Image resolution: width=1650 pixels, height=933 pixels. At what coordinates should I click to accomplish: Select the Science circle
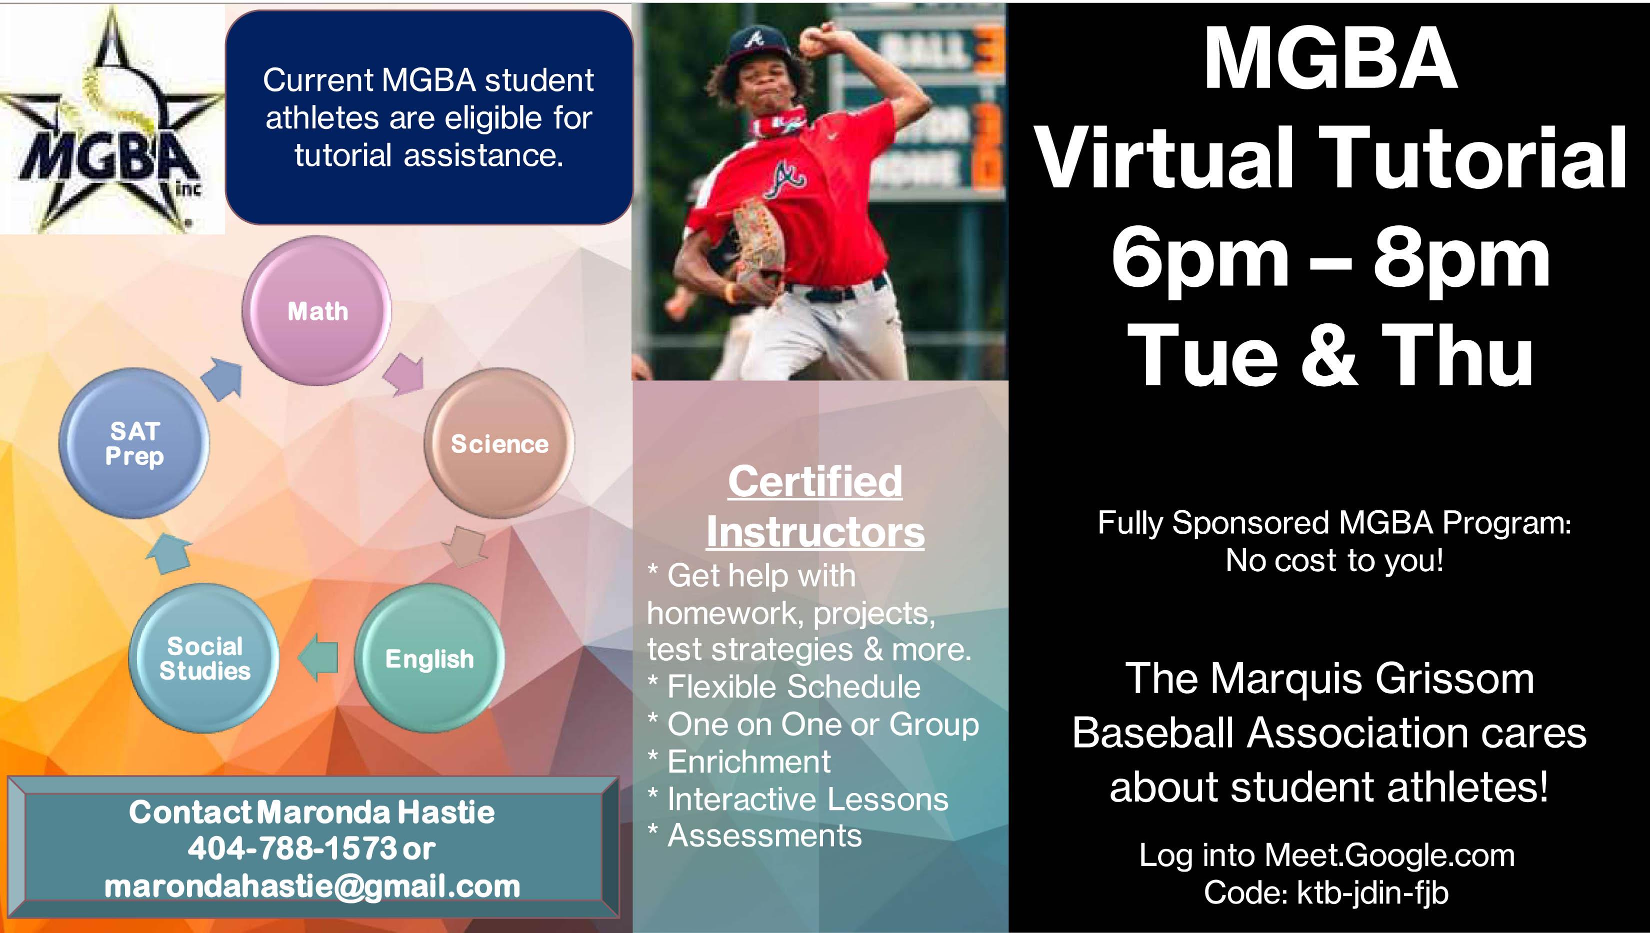[499, 443]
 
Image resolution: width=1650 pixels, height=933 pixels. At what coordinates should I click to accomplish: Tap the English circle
[429, 659]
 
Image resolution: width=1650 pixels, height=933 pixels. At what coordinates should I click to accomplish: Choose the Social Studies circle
[204, 659]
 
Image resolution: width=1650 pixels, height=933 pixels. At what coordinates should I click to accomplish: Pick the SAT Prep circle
[134, 443]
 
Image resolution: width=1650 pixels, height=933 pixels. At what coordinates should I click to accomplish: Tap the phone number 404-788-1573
[292, 849]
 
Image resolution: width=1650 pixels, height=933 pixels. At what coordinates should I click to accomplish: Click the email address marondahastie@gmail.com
[312, 887]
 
